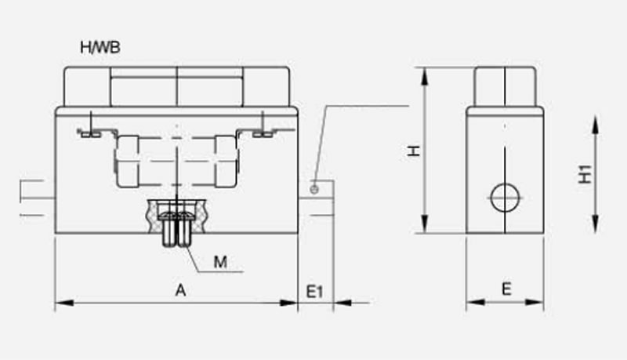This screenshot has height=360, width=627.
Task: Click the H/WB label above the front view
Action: [100, 48]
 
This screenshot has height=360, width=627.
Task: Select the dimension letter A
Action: [180, 290]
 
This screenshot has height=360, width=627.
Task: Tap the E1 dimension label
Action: [314, 292]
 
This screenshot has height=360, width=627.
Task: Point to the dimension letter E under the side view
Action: [506, 289]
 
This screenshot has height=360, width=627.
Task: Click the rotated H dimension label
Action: [415, 150]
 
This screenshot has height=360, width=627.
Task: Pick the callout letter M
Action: [221, 262]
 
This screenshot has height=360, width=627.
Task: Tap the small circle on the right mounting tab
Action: [314, 188]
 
